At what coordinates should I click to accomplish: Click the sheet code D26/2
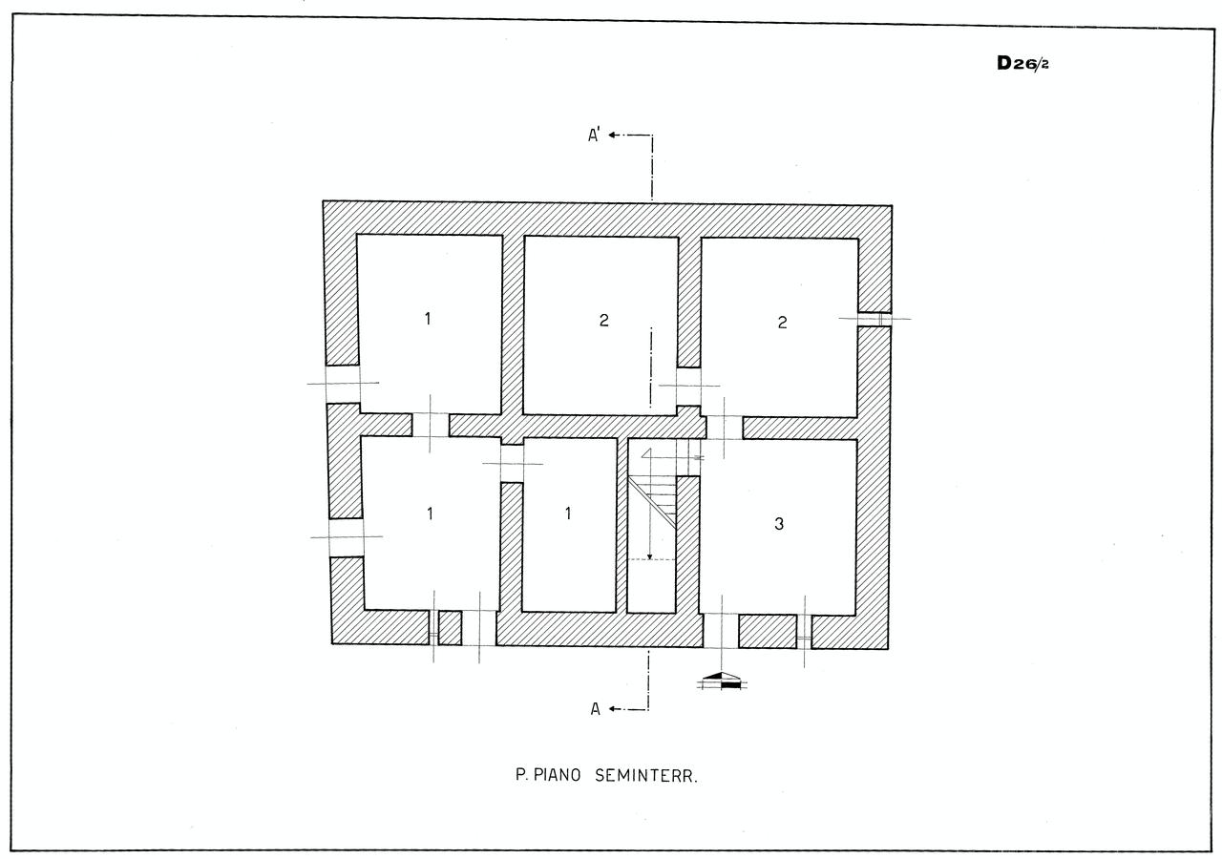(x=1022, y=63)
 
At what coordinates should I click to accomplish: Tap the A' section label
(x=594, y=135)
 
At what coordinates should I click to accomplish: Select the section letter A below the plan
(x=595, y=709)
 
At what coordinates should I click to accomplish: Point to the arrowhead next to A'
(x=613, y=135)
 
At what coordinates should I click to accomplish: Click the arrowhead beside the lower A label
(x=613, y=709)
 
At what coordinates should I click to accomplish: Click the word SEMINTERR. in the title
(x=646, y=776)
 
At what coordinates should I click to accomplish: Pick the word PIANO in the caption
(x=557, y=775)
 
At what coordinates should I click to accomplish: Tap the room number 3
(x=779, y=524)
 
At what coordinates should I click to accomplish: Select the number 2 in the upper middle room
(x=604, y=320)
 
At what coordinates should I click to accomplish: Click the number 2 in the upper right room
(x=782, y=323)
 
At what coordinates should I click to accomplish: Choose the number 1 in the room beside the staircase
(x=568, y=513)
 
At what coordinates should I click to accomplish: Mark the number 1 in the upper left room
(x=428, y=319)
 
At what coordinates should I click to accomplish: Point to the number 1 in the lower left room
(x=430, y=513)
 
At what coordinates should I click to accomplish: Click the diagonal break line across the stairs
(x=652, y=502)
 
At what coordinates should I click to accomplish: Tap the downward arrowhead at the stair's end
(x=650, y=555)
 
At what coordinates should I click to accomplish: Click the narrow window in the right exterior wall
(x=874, y=319)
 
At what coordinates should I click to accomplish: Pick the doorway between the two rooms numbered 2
(x=689, y=387)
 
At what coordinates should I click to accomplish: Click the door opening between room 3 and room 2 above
(x=725, y=429)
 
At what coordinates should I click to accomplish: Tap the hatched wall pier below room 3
(x=768, y=631)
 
